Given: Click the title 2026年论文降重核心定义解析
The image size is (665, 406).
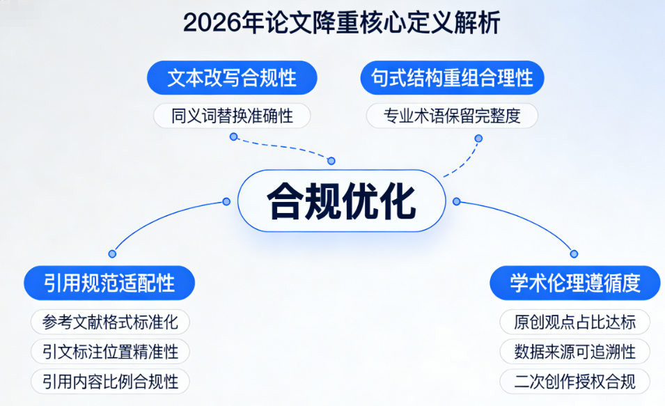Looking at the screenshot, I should tap(341, 24).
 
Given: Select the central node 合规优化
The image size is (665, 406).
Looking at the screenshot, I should tap(341, 201).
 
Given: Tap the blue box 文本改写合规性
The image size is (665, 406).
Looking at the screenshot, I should tap(232, 77).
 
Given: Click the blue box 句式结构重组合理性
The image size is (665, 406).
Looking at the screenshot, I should tap(452, 77).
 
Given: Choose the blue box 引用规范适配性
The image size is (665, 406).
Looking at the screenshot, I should tap(109, 283).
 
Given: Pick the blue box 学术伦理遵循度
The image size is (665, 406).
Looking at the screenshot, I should tap(575, 283).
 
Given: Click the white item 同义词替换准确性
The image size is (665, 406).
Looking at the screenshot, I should tap(232, 116).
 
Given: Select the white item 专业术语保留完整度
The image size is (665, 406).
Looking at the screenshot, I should tap(452, 116).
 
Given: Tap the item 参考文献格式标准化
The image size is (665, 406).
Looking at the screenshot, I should tap(110, 322).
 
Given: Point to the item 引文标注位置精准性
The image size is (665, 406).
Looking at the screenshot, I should tap(110, 352).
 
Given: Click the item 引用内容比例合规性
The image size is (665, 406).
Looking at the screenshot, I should tap(110, 382).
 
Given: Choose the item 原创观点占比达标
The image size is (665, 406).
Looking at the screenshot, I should tap(575, 322).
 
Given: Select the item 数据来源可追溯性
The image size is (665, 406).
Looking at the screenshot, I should tap(575, 352).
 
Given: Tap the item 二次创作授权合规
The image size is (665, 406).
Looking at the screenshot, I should tap(575, 382).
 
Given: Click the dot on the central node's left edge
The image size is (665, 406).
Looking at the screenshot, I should tap(226, 201).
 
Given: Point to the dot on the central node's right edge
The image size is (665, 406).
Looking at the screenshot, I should tap(457, 201).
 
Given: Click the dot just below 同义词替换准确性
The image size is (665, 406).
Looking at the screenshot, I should tap(234, 137).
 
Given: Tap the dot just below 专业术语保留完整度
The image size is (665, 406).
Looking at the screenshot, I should tap(478, 138).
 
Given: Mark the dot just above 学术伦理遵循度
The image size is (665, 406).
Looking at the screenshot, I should tap(574, 254).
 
